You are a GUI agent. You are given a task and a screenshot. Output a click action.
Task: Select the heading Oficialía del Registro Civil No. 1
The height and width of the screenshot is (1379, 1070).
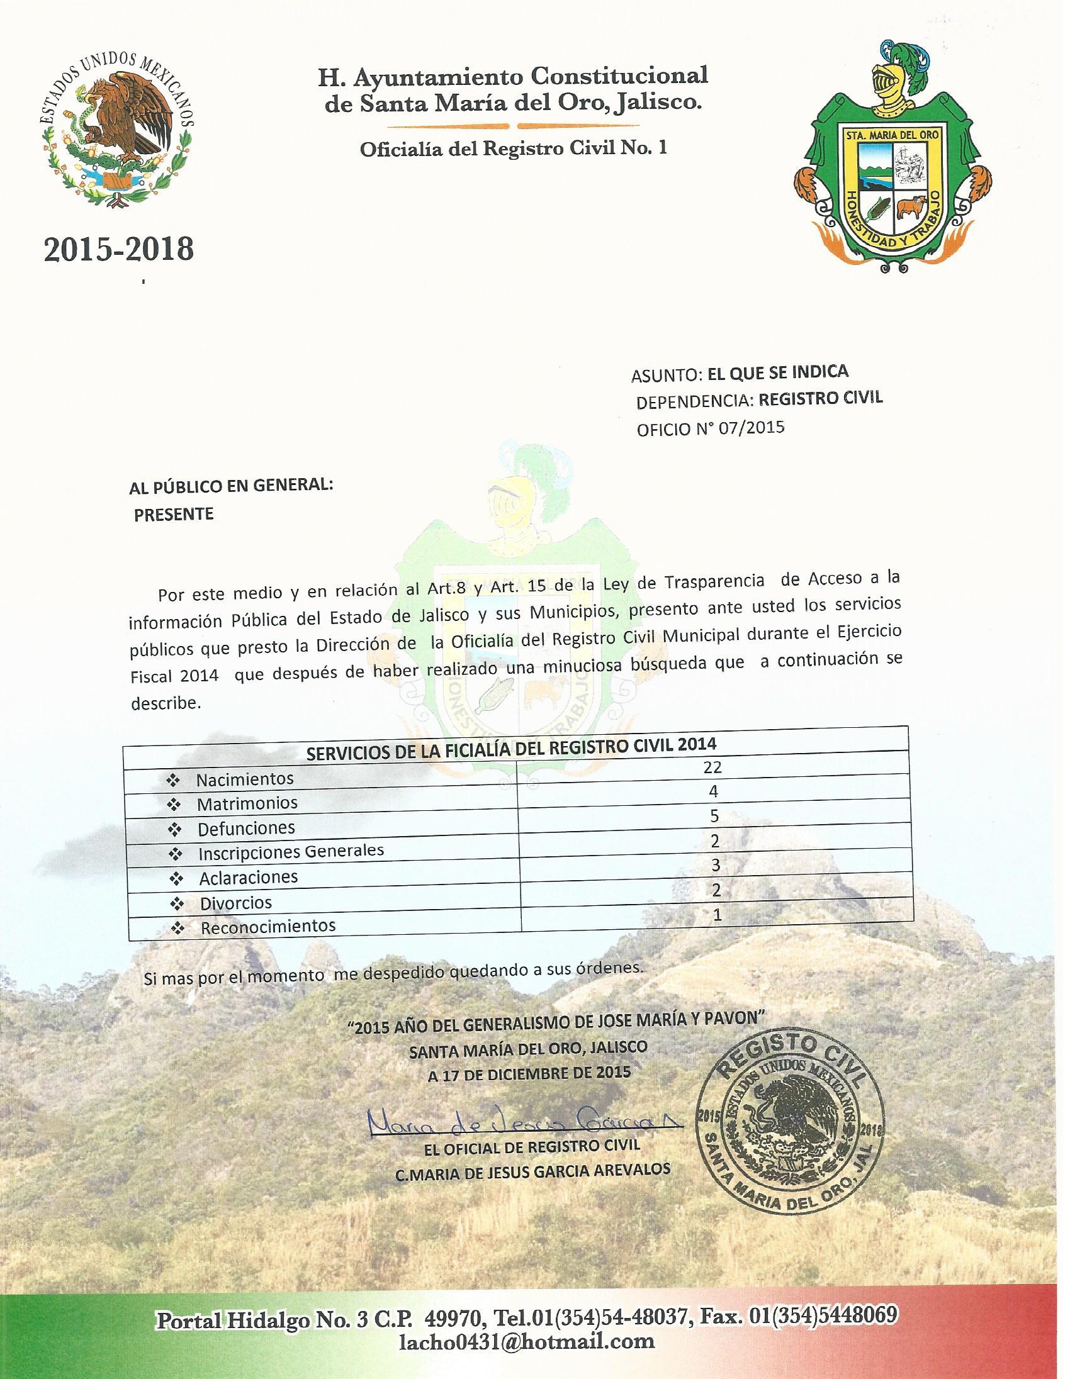513,149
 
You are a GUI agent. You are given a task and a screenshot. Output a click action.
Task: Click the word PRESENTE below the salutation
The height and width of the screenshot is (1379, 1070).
174,513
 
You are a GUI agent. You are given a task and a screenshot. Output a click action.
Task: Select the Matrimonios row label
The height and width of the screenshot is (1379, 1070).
247,804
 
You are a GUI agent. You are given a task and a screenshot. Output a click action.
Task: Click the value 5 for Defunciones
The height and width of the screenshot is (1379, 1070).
714,817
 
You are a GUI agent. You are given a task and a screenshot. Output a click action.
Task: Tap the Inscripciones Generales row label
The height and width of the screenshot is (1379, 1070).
291,852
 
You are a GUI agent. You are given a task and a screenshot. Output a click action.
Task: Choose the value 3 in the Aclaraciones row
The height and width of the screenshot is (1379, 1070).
714,865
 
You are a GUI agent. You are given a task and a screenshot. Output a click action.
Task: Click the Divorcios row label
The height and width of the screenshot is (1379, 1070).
235,902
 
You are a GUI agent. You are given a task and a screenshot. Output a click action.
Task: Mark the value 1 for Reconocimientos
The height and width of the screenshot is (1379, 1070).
716,915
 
